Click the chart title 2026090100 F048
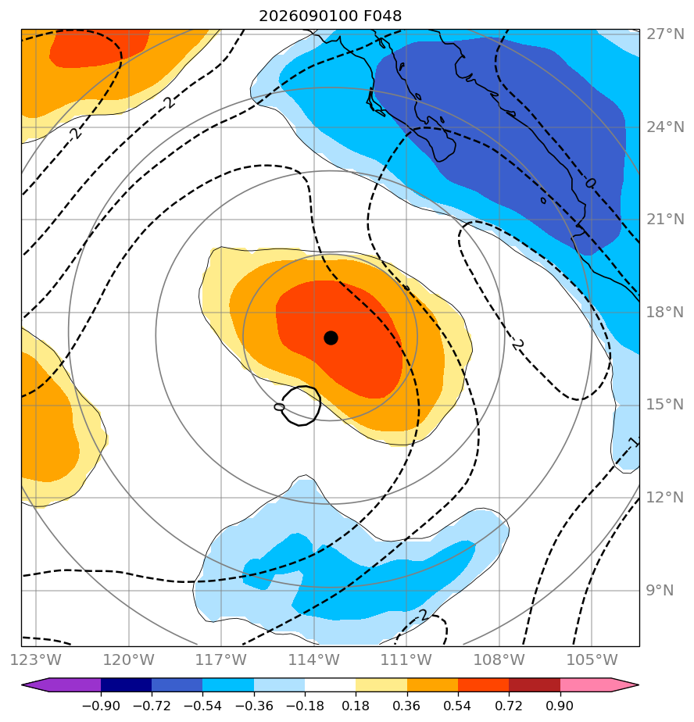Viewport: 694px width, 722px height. (x=330, y=16)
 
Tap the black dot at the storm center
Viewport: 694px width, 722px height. (x=331, y=338)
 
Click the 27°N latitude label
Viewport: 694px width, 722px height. (x=665, y=34)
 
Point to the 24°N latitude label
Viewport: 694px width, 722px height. (x=665, y=127)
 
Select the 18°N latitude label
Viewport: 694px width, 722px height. (x=665, y=313)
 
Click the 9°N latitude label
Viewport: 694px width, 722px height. (x=660, y=590)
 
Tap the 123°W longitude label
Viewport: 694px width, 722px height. (x=36, y=659)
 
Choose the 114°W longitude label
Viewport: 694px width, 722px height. (x=314, y=659)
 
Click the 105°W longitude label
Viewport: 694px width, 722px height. (x=592, y=659)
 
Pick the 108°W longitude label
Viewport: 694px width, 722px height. (x=499, y=659)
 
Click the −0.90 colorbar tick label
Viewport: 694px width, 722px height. (x=101, y=706)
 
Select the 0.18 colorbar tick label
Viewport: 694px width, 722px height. (x=356, y=706)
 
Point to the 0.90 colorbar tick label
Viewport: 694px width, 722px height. (x=560, y=706)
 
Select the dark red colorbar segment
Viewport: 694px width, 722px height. (x=535, y=684)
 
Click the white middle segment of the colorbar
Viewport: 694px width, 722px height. (x=330, y=684)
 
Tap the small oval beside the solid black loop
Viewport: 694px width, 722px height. (x=279, y=407)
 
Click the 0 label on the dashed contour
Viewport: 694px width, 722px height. (x=590, y=184)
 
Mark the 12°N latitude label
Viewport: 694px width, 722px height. (x=665, y=497)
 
